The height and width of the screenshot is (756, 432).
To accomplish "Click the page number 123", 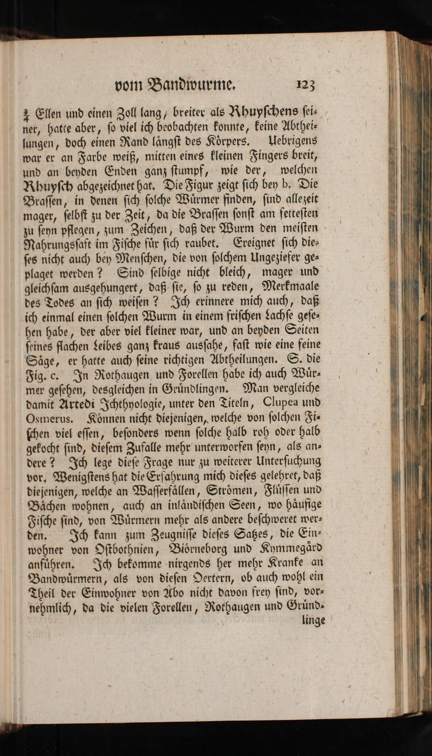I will (305, 85).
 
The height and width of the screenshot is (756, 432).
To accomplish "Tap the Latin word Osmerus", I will (49, 418).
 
